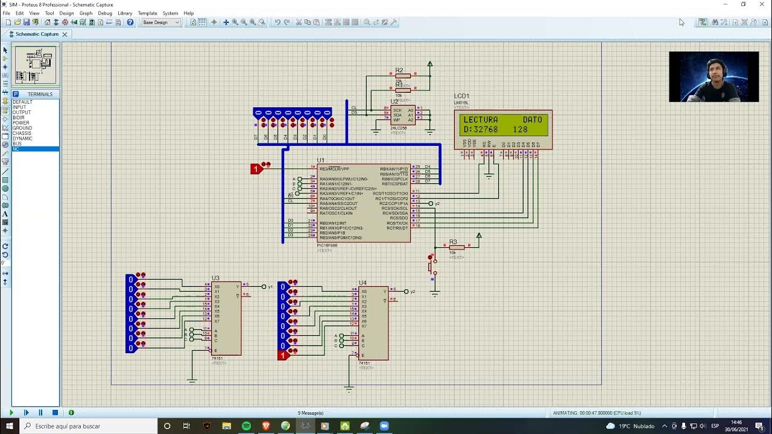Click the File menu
pyautogui.click(x=6, y=13)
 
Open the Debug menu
pyautogui.click(x=105, y=13)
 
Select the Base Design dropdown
pyautogui.click(x=160, y=22)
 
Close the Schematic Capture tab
pyautogui.click(x=65, y=34)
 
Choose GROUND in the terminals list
pyautogui.click(x=22, y=128)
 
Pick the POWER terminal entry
pyautogui.click(x=21, y=123)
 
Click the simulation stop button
pyautogui.click(x=55, y=413)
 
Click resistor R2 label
pyautogui.click(x=399, y=71)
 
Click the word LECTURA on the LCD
pyautogui.click(x=481, y=120)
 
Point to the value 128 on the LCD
pyautogui.click(x=520, y=130)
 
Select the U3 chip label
pyautogui.click(x=215, y=278)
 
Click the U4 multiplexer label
pyautogui.click(x=362, y=283)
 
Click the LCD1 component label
pyautogui.click(x=461, y=96)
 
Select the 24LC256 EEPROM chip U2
pyautogui.click(x=402, y=115)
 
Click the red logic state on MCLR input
pyautogui.click(x=256, y=169)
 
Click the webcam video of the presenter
pyautogui.click(x=713, y=77)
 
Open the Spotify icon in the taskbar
pyautogui.click(x=246, y=426)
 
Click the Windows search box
pyautogui.click(x=90, y=426)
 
